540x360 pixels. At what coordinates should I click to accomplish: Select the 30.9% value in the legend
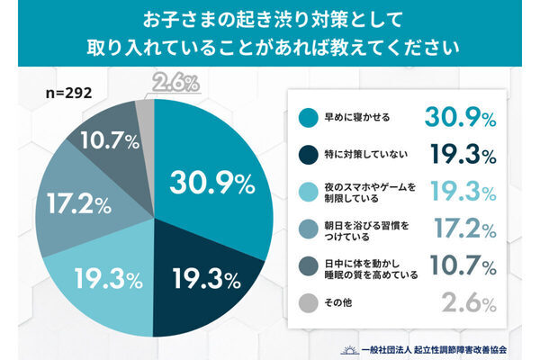coord(458,116)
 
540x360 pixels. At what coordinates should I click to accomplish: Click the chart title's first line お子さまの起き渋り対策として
coord(270,18)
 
